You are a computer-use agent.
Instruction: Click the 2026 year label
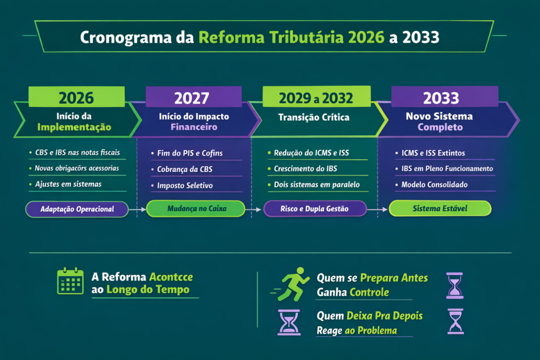(76, 98)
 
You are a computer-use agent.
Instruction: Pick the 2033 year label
(441, 98)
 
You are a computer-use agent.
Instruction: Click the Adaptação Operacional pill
(78, 209)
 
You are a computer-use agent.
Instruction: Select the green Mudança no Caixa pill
(195, 209)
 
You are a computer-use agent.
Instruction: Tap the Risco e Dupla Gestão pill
(315, 209)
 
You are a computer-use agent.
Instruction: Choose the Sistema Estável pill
(440, 209)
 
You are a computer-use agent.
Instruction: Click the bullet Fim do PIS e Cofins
(190, 153)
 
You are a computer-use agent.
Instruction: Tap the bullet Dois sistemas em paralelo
(317, 185)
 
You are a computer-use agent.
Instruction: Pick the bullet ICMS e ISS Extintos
(433, 153)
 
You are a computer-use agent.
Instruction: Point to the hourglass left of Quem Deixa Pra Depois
(288, 322)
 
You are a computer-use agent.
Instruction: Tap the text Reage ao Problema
(356, 331)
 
